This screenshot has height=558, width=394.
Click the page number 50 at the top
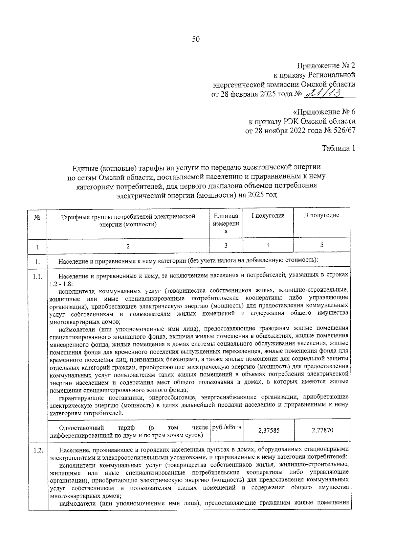(x=196, y=39)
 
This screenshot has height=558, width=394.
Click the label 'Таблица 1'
(x=338, y=148)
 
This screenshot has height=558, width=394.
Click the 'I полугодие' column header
(x=268, y=216)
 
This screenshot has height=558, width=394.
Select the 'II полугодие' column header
(x=321, y=215)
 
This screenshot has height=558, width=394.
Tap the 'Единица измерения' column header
(x=226, y=223)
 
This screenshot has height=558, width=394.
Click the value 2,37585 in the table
(x=269, y=430)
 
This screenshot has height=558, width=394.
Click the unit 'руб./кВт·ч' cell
(x=227, y=427)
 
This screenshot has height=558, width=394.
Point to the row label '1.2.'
(x=38, y=450)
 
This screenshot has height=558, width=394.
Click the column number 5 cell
(x=321, y=245)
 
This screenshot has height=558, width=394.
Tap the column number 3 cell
(x=226, y=245)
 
